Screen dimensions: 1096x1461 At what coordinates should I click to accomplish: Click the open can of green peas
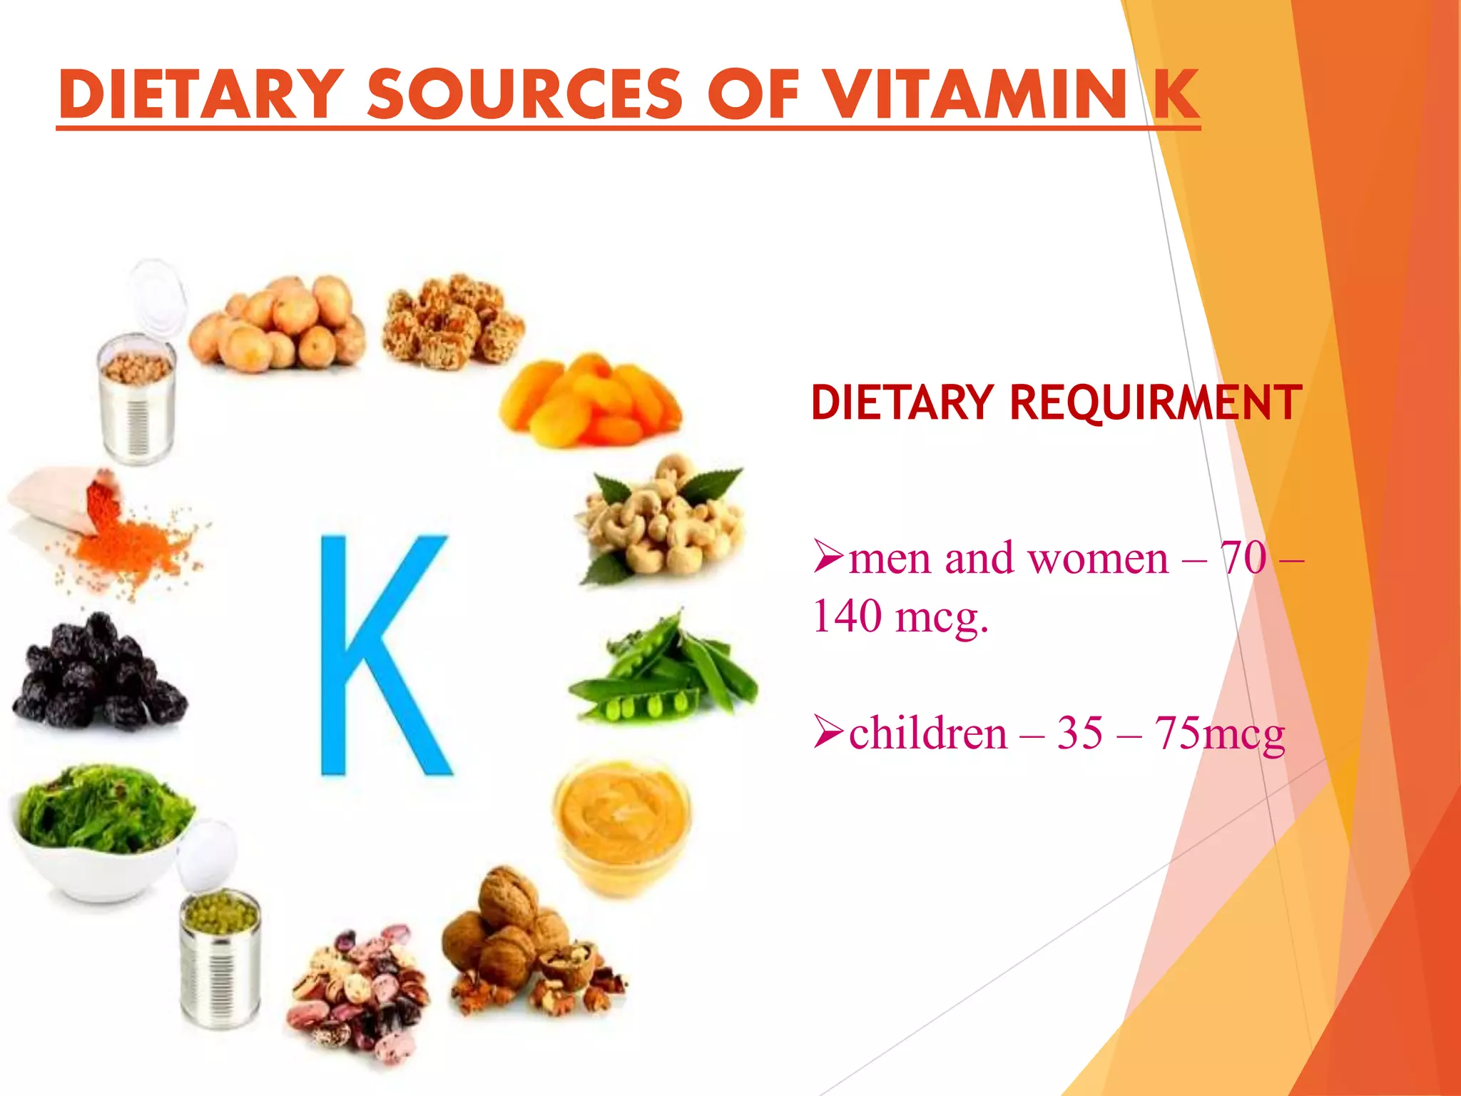[x=220, y=956]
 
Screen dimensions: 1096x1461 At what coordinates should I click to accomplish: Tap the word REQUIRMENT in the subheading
[x=1156, y=403]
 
